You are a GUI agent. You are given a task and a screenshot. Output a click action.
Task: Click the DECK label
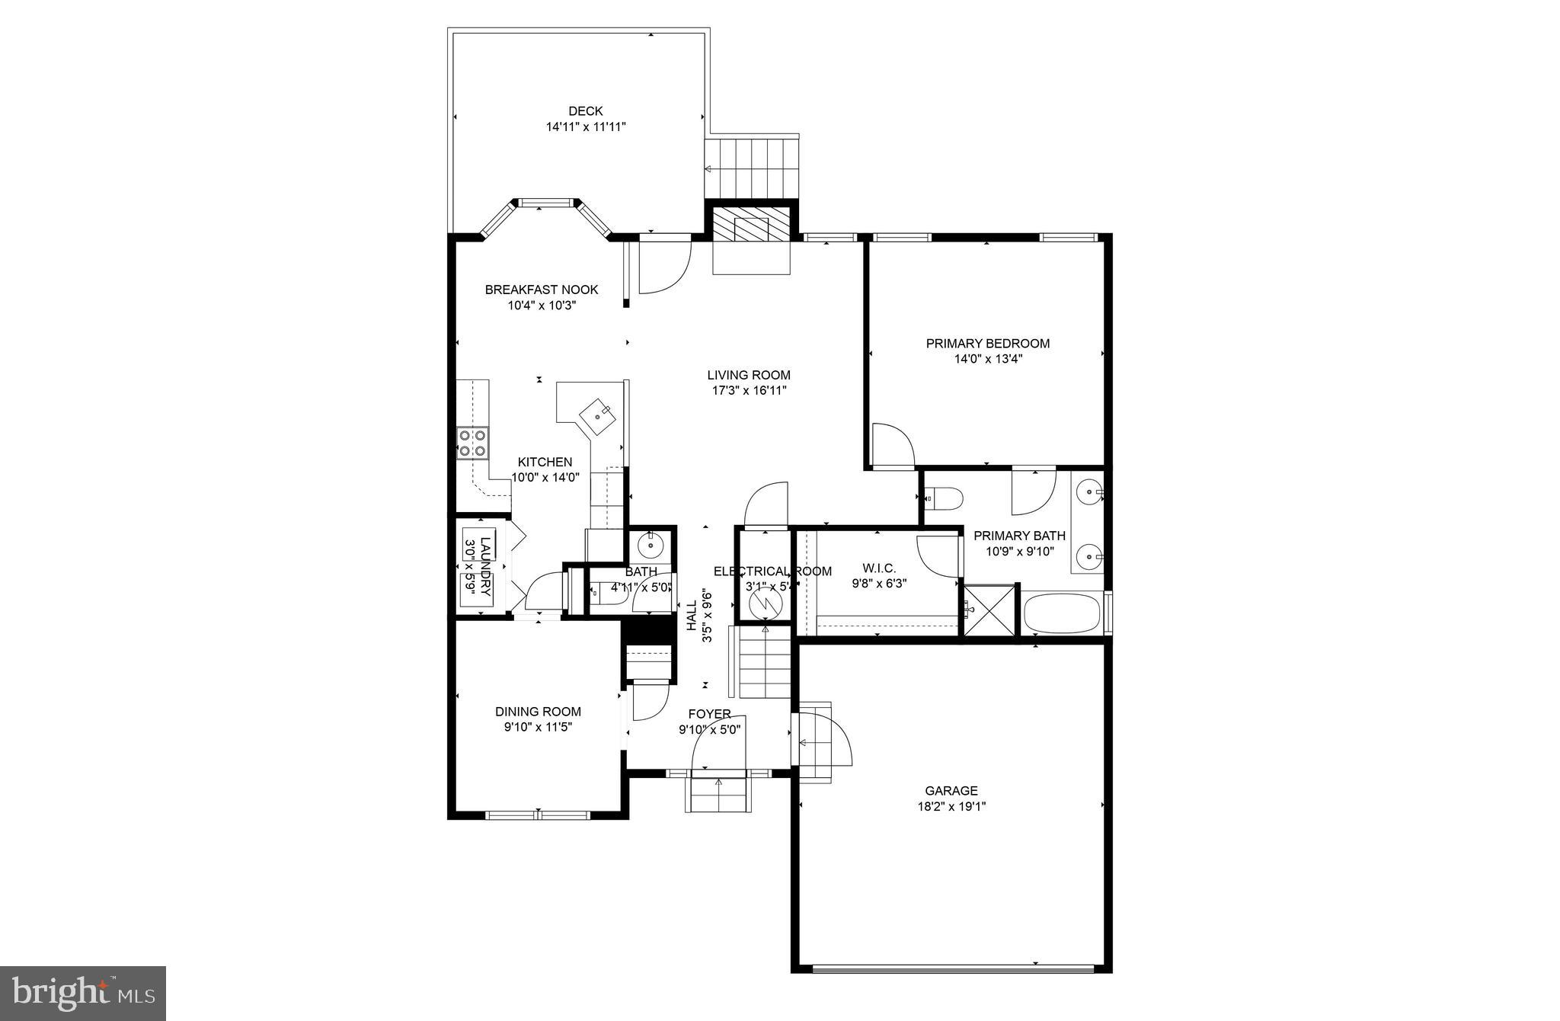[x=585, y=111]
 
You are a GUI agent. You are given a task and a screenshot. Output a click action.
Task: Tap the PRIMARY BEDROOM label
[x=987, y=344]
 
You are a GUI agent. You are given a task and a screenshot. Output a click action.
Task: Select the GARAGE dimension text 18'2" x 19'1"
[x=951, y=806]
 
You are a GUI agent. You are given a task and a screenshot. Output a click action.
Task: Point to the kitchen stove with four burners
[x=472, y=443]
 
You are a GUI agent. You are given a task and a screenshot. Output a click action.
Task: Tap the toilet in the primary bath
[x=945, y=499]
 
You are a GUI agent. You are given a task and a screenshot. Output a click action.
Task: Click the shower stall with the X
[x=989, y=610]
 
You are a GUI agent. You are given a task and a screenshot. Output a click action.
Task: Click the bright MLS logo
[x=83, y=993]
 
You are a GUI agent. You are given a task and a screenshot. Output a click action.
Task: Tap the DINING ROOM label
[x=538, y=712]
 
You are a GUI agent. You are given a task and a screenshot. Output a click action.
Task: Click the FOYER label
[x=709, y=714]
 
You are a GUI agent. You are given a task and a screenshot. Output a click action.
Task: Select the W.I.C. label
[x=878, y=568]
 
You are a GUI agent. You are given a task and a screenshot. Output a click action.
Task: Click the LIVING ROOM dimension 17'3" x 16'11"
[x=748, y=391]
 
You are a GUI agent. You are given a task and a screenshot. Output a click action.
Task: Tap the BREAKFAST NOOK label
[x=541, y=290]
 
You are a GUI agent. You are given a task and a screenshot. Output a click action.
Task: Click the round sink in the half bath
[x=651, y=545]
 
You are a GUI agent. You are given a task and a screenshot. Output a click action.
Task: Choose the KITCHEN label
[x=545, y=462]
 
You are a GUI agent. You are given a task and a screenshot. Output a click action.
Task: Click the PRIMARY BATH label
[x=1019, y=536]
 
